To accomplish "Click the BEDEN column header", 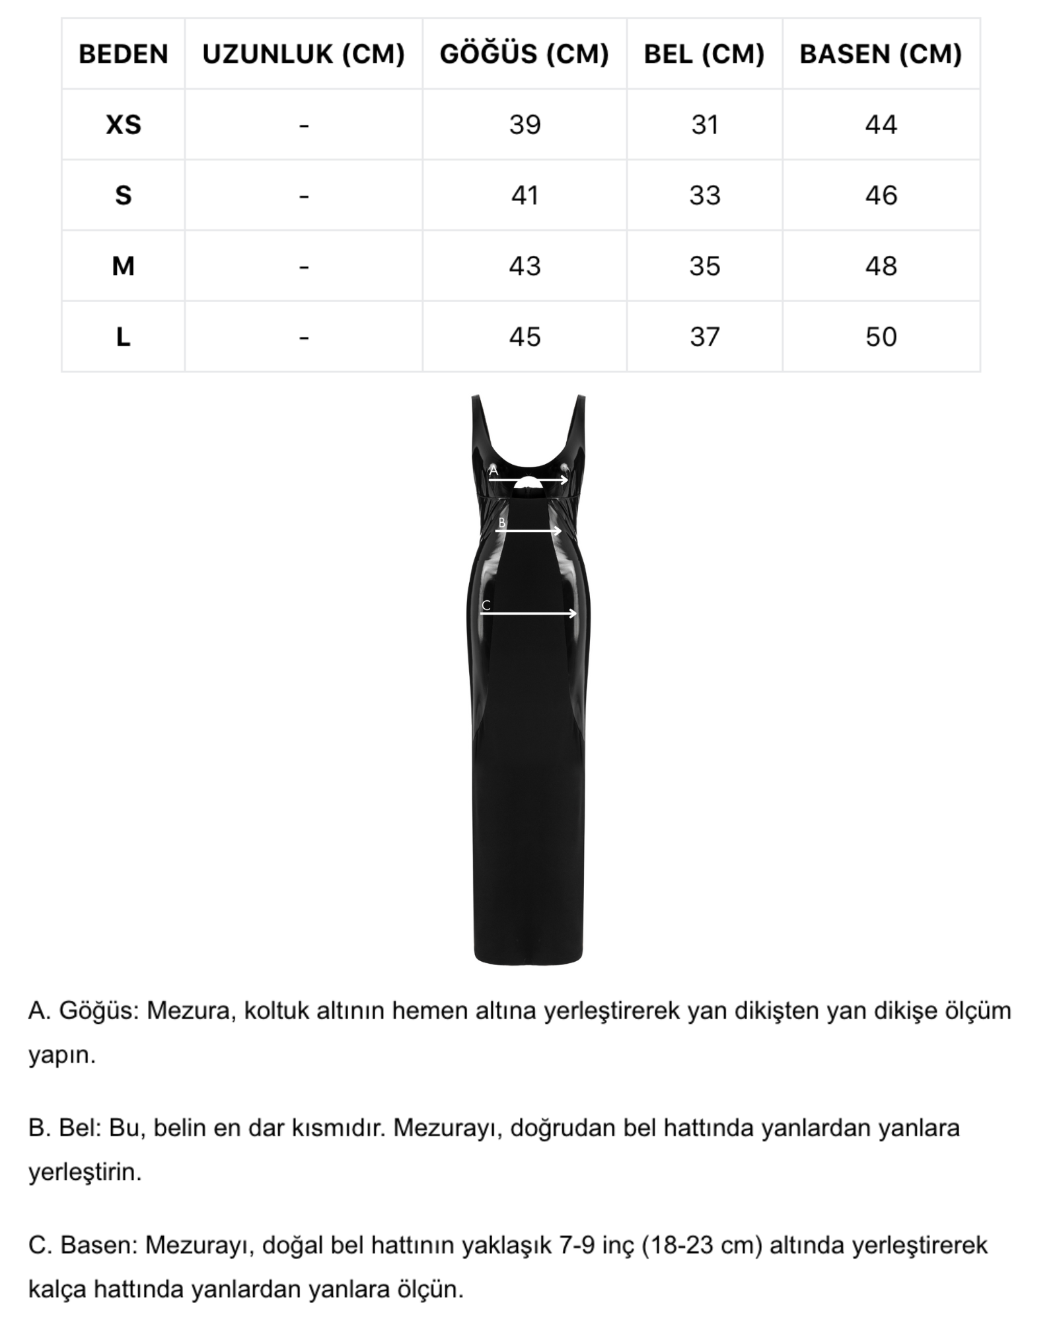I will tap(123, 54).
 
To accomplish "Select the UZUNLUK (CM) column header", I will tap(303, 54).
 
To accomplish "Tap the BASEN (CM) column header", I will tap(881, 54).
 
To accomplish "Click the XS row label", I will tap(123, 125).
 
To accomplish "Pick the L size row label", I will tap(123, 337).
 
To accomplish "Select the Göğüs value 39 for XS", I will tap(525, 125).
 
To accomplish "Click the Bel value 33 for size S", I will tap(704, 196).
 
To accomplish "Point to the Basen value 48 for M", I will tap(881, 266).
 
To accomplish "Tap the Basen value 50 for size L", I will tap(881, 337).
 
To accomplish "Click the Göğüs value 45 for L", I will tap(525, 337).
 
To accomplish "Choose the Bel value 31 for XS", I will tap(704, 125).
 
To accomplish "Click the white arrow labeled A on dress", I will tap(528, 480).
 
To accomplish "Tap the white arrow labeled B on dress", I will tap(528, 531).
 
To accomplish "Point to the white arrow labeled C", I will tap(528, 613).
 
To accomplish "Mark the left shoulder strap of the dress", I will tap(479, 423).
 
